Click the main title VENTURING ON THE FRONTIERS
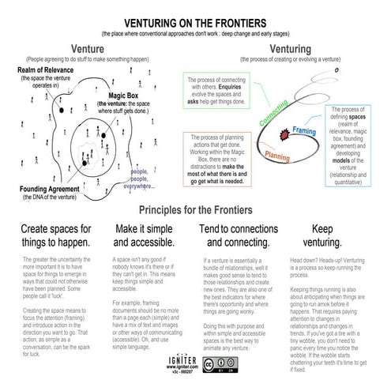[x=195, y=23]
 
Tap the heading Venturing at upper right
[x=291, y=49]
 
